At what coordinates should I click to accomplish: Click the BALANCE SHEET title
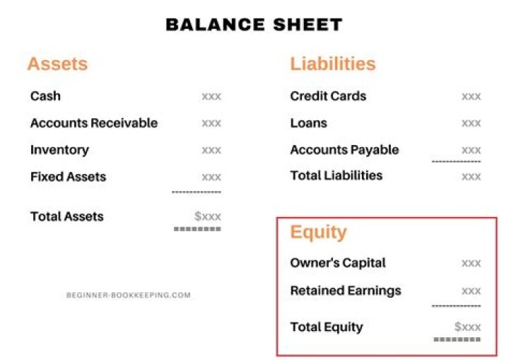point(254,25)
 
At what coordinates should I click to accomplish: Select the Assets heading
point(57,64)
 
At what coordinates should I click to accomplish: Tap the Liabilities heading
point(332,64)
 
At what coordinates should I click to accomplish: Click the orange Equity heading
point(318,232)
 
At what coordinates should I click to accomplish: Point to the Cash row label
point(45,96)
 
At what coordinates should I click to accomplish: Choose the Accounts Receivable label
point(94,123)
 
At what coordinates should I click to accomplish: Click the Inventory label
point(59,150)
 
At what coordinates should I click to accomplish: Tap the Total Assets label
point(66,216)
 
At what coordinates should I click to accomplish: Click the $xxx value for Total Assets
point(208,216)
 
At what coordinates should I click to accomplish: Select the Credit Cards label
point(328,96)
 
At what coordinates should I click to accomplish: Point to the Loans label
point(308,123)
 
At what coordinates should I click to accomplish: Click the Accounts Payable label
point(344,150)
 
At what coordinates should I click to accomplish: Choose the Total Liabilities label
point(336,175)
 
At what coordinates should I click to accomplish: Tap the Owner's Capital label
point(338,263)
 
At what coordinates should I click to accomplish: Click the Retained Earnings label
point(345,291)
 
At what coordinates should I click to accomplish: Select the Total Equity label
point(326,327)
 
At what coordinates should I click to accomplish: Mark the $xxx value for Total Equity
point(467,327)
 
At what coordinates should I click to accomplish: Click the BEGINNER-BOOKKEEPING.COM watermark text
point(128,295)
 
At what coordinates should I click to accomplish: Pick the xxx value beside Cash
point(211,96)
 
